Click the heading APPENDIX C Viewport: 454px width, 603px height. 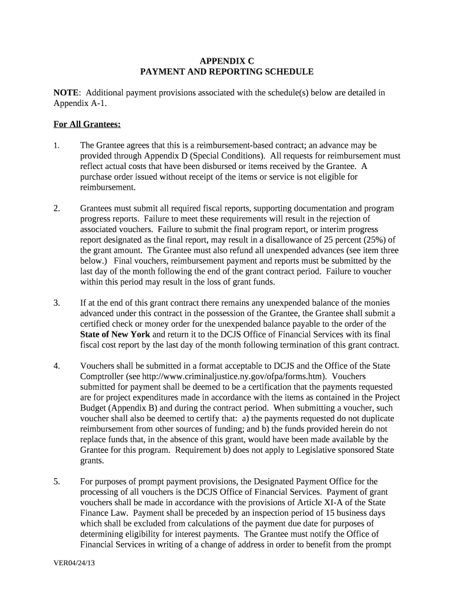point(226,61)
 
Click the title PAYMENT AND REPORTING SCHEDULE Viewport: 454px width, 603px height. point(226,72)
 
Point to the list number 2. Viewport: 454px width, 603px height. point(57,208)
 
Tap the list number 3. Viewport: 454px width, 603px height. point(57,303)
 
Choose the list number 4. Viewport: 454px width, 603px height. point(57,366)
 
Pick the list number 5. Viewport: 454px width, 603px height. point(57,482)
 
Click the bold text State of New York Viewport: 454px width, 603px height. point(116,334)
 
